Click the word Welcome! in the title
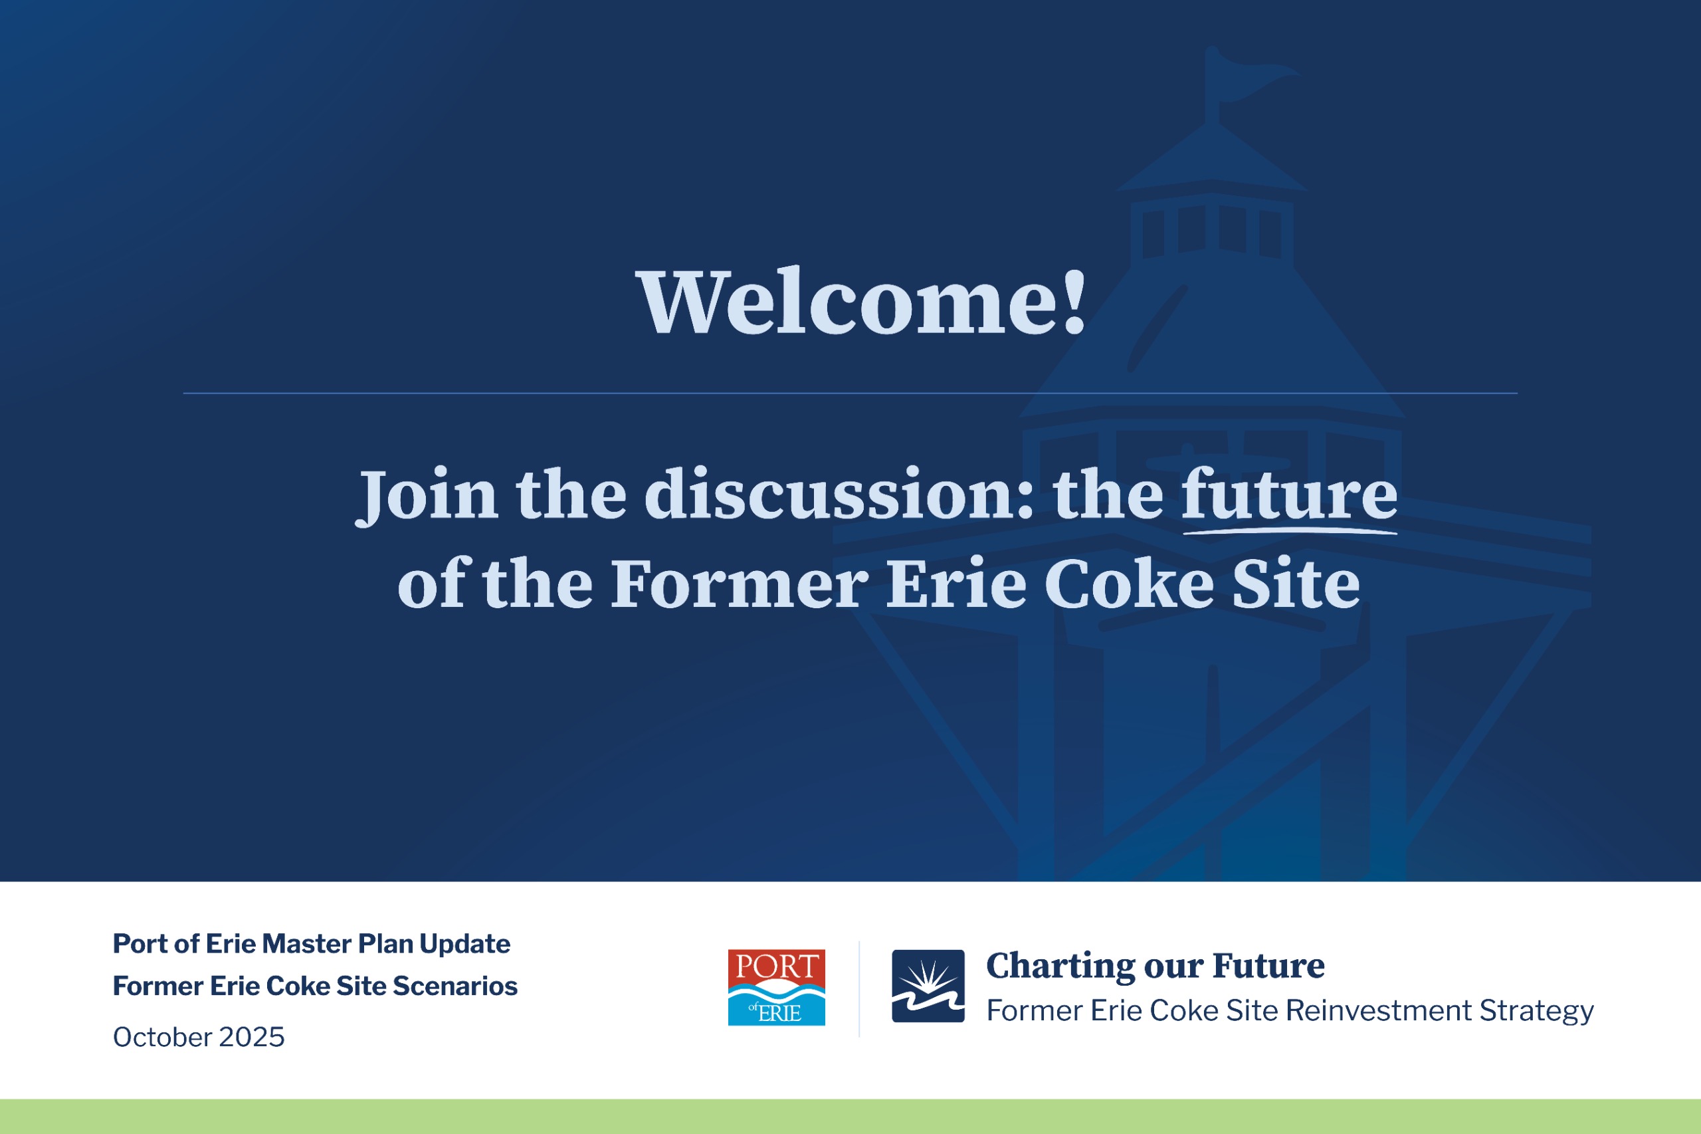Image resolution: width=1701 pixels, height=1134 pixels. pos(860,302)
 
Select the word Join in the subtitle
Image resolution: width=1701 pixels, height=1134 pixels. pos(427,495)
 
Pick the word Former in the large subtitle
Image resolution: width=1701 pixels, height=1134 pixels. pos(740,584)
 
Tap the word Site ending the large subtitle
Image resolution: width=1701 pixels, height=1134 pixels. pos(1296,584)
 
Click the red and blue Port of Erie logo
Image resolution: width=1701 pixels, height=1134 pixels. pos(776,987)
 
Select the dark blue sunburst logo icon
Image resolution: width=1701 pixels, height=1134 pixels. pos(928,986)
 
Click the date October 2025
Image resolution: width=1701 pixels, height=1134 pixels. pos(199,1036)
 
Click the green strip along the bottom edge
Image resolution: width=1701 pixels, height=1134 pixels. pos(850,1117)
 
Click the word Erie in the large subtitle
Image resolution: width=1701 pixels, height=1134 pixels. pos(956,584)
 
